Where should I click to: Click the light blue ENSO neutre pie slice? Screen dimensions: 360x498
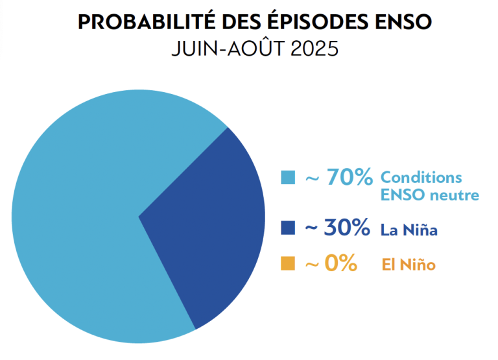coord(78,214)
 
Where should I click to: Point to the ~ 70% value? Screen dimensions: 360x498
coord(338,176)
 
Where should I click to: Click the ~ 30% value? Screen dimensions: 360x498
coord(337,228)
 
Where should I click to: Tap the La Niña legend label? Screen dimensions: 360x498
coord(409,229)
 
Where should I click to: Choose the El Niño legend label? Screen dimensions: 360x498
coord(408,265)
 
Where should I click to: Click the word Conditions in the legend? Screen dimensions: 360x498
coord(421,177)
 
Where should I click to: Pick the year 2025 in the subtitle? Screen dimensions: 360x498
coord(314,50)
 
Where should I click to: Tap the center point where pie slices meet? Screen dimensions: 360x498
coord(138,216)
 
